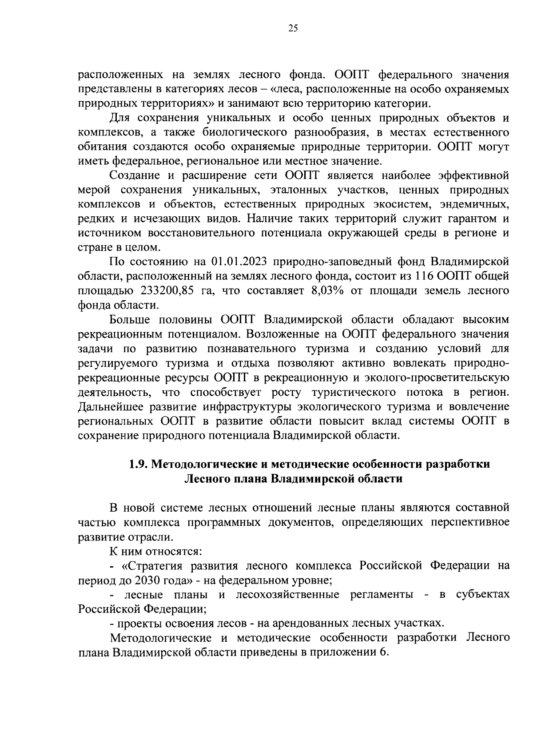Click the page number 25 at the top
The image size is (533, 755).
click(293, 29)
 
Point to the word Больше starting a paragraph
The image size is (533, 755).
click(129, 319)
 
